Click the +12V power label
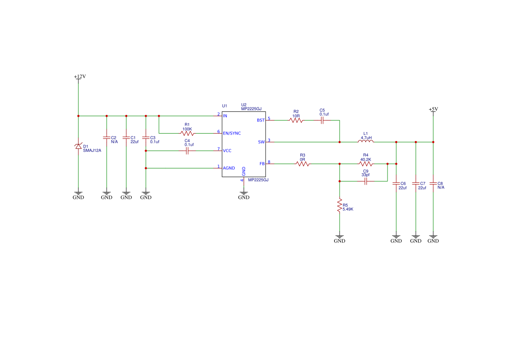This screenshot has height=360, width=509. (x=80, y=77)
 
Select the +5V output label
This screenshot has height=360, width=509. (x=433, y=109)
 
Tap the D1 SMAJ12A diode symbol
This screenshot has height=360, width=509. (x=78, y=146)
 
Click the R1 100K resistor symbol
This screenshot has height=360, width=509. (x=187, y=133)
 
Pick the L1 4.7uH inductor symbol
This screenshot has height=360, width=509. (x=365, y=141)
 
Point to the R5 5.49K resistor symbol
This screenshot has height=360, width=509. (x=340, y=206)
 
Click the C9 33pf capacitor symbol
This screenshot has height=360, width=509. (x=366, y=181)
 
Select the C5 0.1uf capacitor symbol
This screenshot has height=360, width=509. (x=322, y=121)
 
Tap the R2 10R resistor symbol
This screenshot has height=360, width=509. (x=296, y=121)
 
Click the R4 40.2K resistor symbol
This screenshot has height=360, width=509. (x=366, y=164)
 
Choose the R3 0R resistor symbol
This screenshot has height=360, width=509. (x=303, y=164)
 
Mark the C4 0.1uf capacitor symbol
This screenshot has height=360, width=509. (x=187, y=151)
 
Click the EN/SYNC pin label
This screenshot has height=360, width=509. (x=232, y=133)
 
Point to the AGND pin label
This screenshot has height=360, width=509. (x=229, y=168)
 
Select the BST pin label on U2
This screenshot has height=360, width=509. (x=261, y=121)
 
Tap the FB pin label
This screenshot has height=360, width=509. (x=262, y=164)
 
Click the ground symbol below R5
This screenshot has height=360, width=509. (x=340, y=237)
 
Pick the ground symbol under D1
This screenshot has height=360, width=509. (x=78, y=193)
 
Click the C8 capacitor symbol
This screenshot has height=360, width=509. (x=433, y=183)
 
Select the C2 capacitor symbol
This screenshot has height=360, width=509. (x=107, y=138)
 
